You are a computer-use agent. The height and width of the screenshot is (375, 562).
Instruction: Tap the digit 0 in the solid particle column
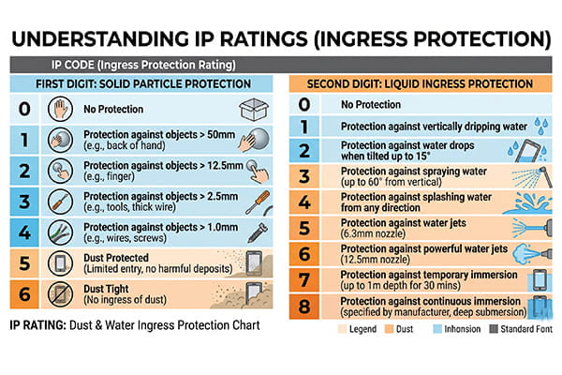click(25, 108)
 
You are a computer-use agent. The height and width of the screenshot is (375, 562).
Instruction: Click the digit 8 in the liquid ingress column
click(303, 306)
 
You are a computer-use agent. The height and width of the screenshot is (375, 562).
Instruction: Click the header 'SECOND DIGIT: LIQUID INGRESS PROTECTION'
click(421, 84)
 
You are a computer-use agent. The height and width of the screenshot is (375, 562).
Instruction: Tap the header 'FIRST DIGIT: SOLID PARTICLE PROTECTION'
click(143, 84)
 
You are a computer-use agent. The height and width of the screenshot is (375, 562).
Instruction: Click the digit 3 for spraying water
click(303, 176)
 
